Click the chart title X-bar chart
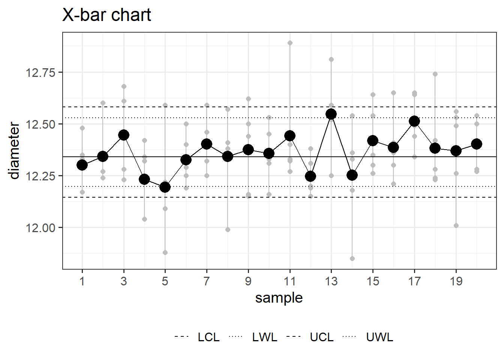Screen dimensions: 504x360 pyautogui.click(x=106, y=15)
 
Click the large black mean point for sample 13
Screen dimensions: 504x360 pyautogui.click(x=331, y=114)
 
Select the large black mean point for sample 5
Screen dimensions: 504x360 pyautogui.click(x=165, y=187)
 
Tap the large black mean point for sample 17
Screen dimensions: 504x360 pyautogui.click(x=414, y=121)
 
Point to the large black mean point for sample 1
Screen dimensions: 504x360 pyautogui.click(x=82, y=165)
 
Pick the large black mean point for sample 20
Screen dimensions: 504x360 pyautogui.click(x=477, y=144)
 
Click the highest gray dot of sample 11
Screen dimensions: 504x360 pyautogui.click(x=290, y=43)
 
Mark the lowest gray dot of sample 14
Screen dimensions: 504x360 pyautogui.click(x=352, y=258)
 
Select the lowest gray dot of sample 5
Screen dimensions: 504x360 pyautogui.click(x=165, y=252)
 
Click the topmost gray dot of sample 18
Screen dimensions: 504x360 pyautogui.click(x=435, y=74)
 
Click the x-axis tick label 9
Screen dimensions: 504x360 pyautogui.click(x=248, y=281)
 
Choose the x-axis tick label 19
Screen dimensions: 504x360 pyautogui.click(x=456, y=281)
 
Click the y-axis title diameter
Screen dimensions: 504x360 pyautogui.click(x=14, y=150)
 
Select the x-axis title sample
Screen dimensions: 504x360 pyautogui.click(x=279, y=298)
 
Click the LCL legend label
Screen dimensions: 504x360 pyautogui.click(x=208, y=337)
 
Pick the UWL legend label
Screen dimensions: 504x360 pyautogui.click(x=380, y=337)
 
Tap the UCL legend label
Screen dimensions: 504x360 pyautogui.click(x=322, y=337)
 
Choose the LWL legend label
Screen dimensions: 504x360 pyautogui.click(x=265, y=337)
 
